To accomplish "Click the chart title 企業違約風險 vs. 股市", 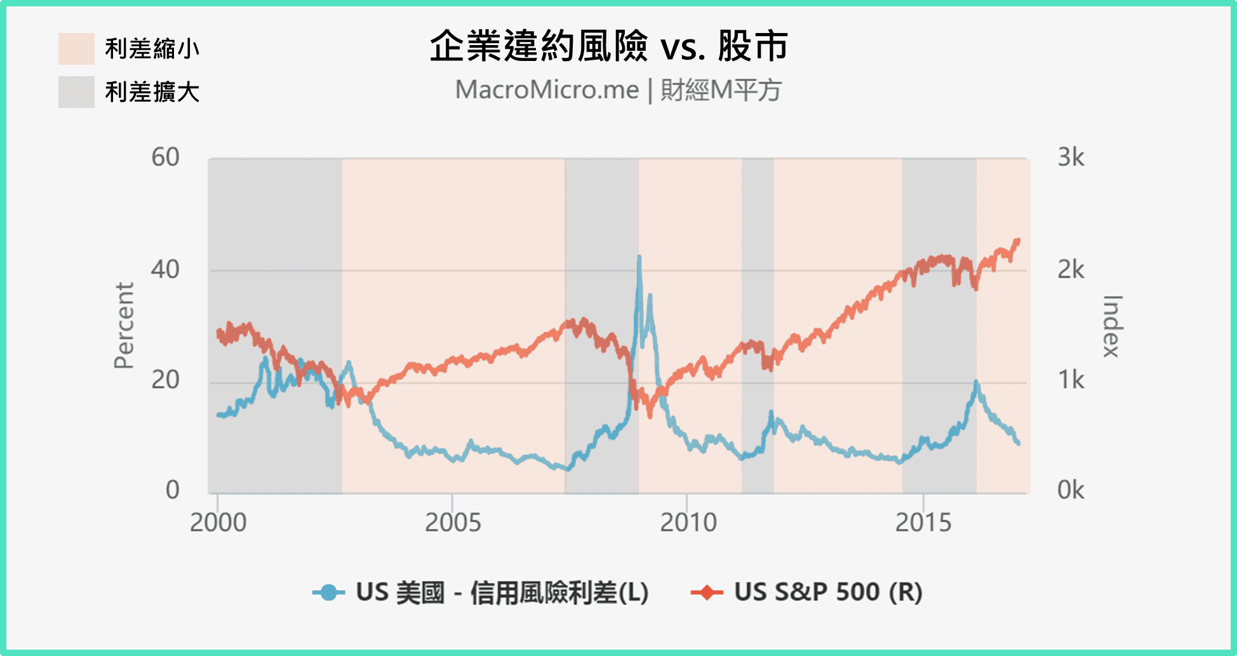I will point(608,46).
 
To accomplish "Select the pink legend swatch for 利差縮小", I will point(76,49).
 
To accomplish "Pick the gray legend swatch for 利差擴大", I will point(76,92).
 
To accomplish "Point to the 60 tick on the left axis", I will point(165,157).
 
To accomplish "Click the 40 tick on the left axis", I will point(165,270).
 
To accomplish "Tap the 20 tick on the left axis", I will point(165,380).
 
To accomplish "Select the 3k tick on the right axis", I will point(1071,157).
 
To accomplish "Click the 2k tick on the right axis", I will point(1071,270).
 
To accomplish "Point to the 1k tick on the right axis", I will point(1071,380).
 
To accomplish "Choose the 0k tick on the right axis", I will point(1071,490).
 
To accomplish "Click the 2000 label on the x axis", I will point(218,523).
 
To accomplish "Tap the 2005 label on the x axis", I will point(453,523).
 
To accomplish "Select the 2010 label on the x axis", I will point(688,523).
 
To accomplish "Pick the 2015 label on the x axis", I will point(923,523).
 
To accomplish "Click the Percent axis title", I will point(124,326).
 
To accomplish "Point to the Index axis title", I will point(1112,326).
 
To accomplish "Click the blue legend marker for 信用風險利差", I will point(328,592).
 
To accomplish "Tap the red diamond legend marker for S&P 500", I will point(707,592).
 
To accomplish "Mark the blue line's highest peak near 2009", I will point(639,257).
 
